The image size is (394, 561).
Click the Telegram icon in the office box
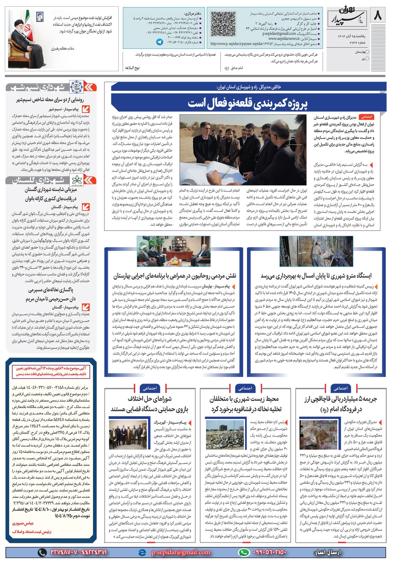(x=160, y=41)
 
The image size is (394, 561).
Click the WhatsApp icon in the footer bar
(x=244, y=552)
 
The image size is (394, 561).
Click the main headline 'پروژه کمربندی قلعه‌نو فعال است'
(x=247, y=103)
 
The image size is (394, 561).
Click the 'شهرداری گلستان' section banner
(x=51, y=181)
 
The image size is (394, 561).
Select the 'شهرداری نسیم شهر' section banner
(x=51, y=87)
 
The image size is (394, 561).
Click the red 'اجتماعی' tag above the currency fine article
(x=340, y=388)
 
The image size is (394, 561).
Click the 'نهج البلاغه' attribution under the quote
(x=132, y=68)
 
